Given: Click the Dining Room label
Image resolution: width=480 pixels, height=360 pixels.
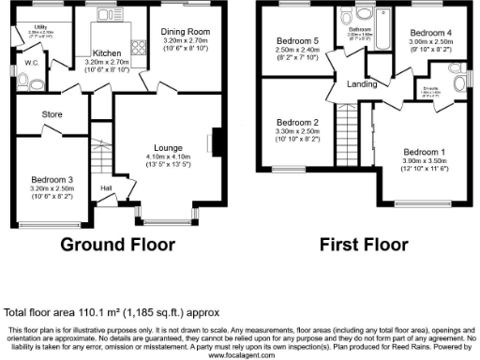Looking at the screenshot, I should (186, 33).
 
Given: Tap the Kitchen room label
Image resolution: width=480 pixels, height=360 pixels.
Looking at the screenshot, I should (106, 53).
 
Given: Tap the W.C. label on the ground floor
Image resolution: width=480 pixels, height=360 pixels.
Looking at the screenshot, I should (29, 63).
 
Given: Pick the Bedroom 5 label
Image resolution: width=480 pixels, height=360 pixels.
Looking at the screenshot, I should (296, 41).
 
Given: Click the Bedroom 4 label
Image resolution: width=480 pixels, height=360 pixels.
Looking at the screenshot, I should (430, 33).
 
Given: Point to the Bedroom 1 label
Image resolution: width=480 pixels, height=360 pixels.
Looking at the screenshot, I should (425, 151).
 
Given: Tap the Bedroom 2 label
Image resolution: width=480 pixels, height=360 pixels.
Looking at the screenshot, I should (296, 123).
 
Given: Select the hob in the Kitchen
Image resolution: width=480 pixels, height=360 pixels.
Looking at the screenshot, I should (141, 44).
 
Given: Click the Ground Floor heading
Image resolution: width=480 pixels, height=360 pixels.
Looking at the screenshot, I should (118, 245).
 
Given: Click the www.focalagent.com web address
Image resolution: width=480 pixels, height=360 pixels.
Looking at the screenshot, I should (240, 355).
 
